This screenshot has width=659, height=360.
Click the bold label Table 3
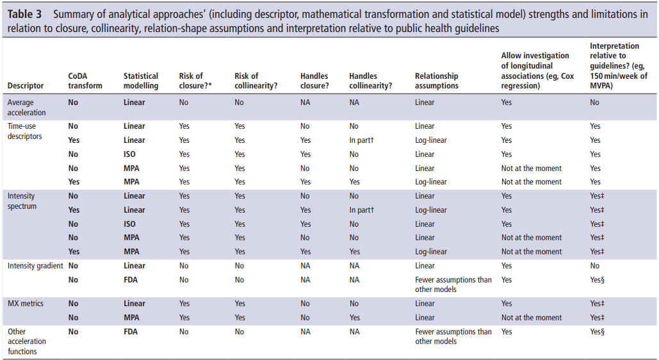point(24,14)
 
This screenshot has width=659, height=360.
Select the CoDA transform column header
point(85,81)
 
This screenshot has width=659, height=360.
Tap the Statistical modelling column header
point(141,81)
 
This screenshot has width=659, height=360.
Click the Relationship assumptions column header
point(436,81)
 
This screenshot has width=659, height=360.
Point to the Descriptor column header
point(25,86)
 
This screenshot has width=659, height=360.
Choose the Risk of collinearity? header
point(256,81)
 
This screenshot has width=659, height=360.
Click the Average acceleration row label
point(26,107)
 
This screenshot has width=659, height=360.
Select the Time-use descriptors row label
point(25,131)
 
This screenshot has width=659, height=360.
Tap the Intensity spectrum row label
point(22,201)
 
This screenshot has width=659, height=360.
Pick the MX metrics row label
point(25,303)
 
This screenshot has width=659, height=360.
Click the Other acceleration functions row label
point(26,341)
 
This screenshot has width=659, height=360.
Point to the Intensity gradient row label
point(35,266)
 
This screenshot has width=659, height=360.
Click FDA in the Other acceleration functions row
point(131,332)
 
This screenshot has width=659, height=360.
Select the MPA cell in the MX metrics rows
point(131,318)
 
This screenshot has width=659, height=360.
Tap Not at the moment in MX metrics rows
point(532,318)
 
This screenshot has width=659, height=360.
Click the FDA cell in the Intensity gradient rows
point(131,280)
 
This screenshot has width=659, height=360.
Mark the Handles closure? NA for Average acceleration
point(305,102)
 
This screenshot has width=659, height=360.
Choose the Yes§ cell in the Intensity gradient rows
point(598,280)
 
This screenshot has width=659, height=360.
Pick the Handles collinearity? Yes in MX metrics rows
point(354,318)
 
